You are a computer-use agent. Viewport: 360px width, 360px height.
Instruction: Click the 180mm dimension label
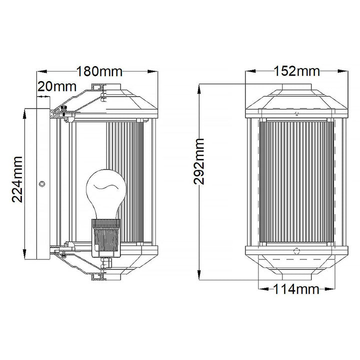click(99, 71)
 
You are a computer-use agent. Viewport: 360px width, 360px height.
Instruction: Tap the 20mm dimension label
click(56, 87)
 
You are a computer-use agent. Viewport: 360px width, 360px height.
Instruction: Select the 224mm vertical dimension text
click(17, 179)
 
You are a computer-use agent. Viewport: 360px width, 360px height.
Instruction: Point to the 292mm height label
click(199, 161)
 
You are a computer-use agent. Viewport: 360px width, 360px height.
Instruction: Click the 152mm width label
click(297, 71)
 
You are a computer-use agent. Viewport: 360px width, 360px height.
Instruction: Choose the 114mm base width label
click(296, 289)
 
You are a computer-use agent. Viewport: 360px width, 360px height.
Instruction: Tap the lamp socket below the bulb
click(106, 238)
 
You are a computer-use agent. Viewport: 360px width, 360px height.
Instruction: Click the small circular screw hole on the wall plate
click(42, 183)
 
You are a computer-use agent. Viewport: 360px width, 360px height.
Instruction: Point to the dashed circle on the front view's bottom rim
click(296, 250)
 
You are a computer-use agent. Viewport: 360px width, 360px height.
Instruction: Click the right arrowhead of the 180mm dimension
click(152, 71)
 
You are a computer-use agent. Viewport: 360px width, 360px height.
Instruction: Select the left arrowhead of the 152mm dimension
click(250, 71)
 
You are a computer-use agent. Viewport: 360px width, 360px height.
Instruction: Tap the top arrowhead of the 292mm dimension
click(199, 89)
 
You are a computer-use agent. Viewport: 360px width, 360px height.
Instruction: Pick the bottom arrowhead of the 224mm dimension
click(24, 254)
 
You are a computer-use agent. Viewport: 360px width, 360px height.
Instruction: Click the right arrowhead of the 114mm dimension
click(330, 289)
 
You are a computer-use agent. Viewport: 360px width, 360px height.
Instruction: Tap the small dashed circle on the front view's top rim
click(296, 113)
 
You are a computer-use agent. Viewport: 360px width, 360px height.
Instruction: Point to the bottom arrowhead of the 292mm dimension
click(199, 275)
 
